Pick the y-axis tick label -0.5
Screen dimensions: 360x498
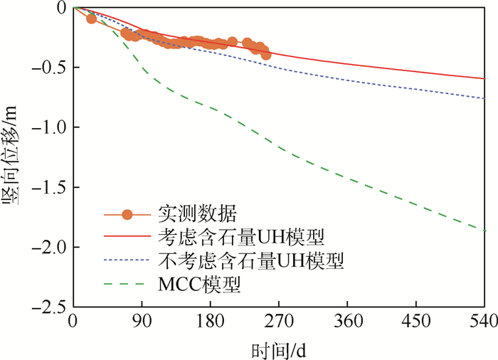[50, 68]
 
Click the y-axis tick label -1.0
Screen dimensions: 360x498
[50, 127]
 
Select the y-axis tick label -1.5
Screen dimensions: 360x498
[50, 187]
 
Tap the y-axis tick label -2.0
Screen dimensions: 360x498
[50, 248]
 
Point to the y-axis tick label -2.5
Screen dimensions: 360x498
[50, 307]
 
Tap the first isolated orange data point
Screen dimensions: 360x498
[91, 18]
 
